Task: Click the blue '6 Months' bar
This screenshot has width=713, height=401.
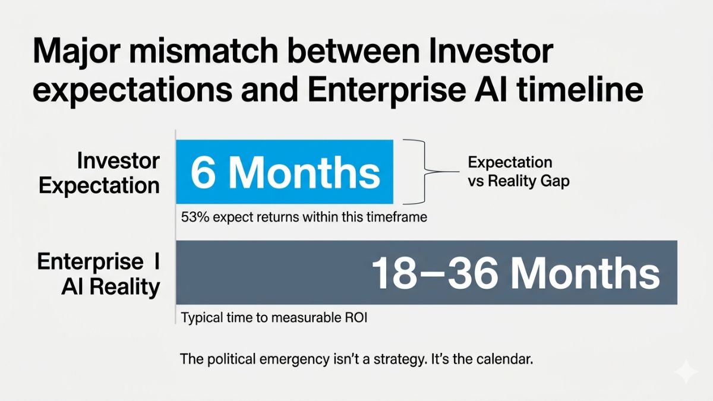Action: [x=285, y=172]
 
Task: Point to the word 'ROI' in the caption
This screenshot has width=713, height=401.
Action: [x=354, y=318]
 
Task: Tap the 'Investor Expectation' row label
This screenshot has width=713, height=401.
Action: [x=100, y=172]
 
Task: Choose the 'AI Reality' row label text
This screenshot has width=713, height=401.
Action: [x=111, y=287]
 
